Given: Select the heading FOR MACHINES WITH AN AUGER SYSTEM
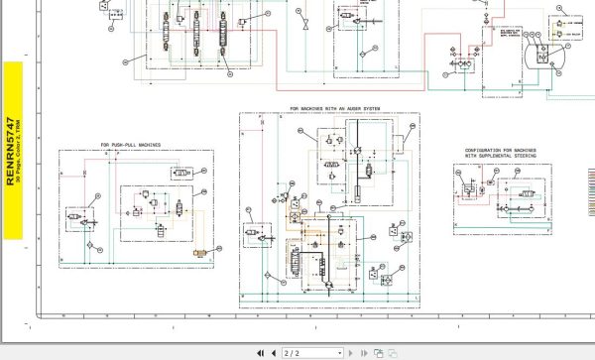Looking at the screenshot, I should [x=334, y=109].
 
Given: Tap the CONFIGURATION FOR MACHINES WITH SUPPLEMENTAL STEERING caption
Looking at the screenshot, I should [x=501, y=154].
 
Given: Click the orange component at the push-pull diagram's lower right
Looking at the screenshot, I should [x=200, y=254].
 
